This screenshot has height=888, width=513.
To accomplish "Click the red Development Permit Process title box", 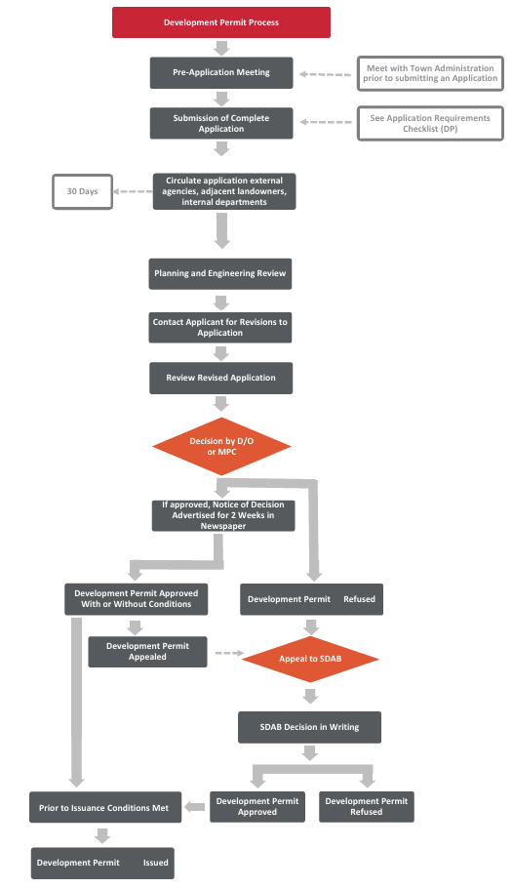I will (x=221, y=22).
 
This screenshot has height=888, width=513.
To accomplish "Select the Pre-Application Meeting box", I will (x=221, y=72).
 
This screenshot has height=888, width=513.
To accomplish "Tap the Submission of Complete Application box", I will (x=221, y=123).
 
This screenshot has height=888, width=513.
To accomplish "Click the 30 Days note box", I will (x=82, y=191).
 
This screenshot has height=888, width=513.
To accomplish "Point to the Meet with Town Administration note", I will (x=431, y=73).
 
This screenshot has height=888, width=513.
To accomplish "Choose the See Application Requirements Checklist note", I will (x=431, y=124).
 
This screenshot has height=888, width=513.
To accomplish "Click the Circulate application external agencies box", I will (x=223, y=191).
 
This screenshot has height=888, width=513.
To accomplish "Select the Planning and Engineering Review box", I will (x=220, y=273).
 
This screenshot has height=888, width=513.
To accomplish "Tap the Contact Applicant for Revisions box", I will (x=220, y=327).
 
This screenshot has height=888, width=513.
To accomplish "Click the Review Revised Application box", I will (x=220, y=378).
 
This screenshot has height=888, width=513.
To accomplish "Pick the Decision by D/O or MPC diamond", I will (x=222, y=447).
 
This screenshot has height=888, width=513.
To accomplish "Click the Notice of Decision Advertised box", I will (x=223, y=514).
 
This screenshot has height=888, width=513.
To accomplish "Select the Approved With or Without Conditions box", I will (x=136, y=599).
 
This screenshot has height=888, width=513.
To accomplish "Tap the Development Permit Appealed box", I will (x=147, y=652).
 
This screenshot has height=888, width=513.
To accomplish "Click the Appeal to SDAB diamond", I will (x=310, y=659).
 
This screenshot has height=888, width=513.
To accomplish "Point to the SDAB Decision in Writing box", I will (x=310, y=727).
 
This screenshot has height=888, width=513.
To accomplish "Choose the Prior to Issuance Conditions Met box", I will (x=104, y=807).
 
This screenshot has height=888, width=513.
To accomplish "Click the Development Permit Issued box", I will (x=102, y=863).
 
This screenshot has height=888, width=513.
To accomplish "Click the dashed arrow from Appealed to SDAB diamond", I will (x=228, y=653).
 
